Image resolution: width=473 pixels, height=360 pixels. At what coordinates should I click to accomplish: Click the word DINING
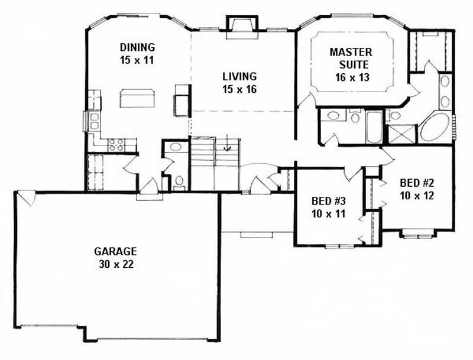[137, 47]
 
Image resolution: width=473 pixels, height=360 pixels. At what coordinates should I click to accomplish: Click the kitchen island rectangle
[137, 98]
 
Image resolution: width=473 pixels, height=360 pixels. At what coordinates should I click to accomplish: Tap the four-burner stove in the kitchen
[116, 144]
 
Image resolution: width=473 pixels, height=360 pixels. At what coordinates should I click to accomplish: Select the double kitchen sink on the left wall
[93, 121]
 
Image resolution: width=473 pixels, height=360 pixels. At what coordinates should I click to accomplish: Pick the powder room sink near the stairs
[174, 148]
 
